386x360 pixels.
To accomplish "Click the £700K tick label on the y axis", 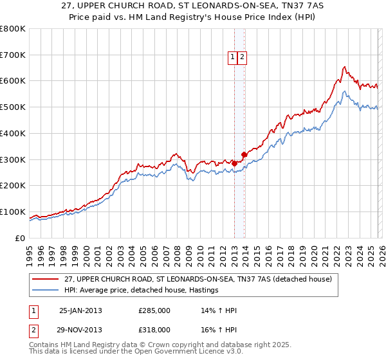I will pyautogui.click(x=13, y=55).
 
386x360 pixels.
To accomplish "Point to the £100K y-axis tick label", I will pyautogui.click(x=13, y=212).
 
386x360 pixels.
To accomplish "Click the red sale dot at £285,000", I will pyautogui.click(x=235, y=163).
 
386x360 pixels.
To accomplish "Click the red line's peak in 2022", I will pyautogui.click(x=345, y=67).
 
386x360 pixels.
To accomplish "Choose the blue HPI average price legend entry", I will pyautogui.click(x=140, y=291).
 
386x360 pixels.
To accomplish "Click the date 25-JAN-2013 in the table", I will pyautogui.click(x=80, y=310).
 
